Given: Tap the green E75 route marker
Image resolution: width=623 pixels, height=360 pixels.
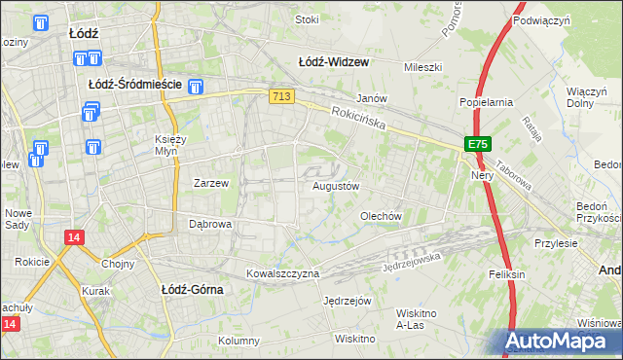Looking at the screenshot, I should point(476,144).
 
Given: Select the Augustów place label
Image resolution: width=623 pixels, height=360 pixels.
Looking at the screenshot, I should point(336,185).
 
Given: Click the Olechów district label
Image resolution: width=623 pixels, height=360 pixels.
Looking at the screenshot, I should point(381,216).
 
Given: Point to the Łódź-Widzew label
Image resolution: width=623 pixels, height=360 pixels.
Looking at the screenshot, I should point(333,62).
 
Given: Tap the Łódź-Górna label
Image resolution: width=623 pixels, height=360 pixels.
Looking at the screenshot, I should point(193,289).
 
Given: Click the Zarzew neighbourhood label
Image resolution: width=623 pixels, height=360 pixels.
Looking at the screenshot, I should point(211,182).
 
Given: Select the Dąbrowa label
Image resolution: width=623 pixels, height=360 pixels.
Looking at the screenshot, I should point(209,223).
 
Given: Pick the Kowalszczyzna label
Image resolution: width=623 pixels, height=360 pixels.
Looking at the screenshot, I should point(282,273).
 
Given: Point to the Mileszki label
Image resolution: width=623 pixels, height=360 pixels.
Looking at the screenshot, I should point(423,67).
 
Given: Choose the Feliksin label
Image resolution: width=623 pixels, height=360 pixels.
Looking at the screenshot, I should point(507,274).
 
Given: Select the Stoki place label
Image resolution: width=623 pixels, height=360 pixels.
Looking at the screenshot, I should point(308,19).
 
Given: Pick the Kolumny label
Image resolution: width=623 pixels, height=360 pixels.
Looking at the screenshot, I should point(238,341).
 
